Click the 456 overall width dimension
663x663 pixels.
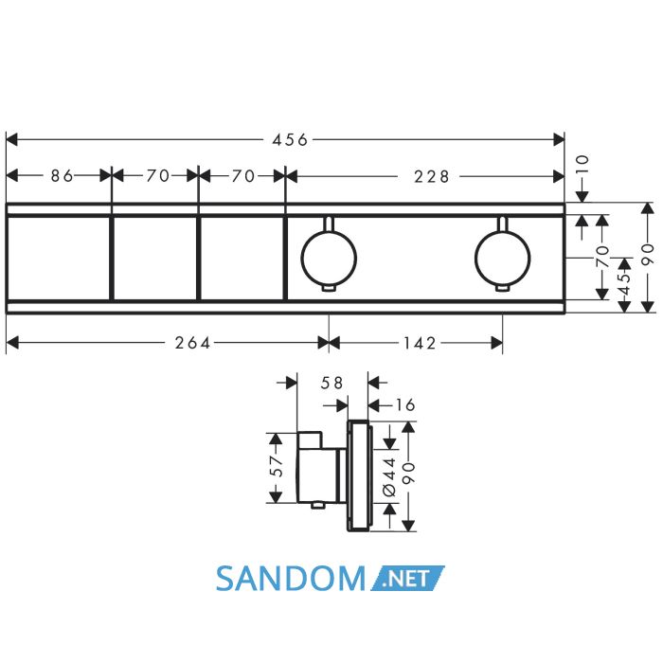[290, 139]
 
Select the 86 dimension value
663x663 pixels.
[62, 175]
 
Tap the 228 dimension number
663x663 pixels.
[431, 176]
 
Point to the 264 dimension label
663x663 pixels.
[193, 343]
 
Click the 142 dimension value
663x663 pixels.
[420, 343]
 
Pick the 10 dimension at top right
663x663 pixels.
[582, 166]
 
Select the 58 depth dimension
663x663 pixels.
[331, 383]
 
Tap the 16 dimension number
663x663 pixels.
[405, 405]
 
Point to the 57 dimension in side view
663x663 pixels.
[276, 466]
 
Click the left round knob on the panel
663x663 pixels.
[329, 258]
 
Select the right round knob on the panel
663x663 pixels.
[502, 258]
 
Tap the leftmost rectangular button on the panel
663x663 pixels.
[59, 259]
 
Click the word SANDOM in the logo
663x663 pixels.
[291, 579]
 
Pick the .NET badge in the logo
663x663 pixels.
[407, 578]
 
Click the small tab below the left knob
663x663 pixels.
[329, 288]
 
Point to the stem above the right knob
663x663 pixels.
[502, 224]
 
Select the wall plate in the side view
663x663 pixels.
[358, 475]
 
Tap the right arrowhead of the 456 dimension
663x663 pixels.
[559, 139]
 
